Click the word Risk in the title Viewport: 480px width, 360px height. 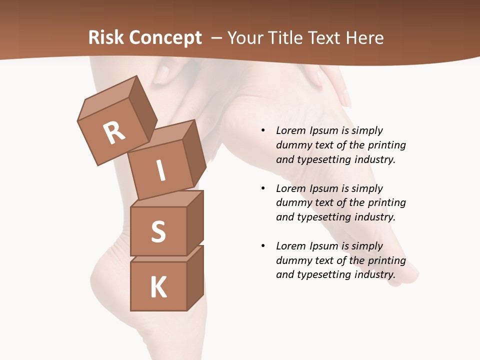pos(105,38)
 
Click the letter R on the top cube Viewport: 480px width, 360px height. pos(114,132)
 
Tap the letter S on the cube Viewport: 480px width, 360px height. pos(158,231)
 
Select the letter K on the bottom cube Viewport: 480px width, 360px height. pos(158,287)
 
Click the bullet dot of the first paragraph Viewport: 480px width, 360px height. pos(263,131)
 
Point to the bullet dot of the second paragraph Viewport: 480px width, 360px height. pos(263,189)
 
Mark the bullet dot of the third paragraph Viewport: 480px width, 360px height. pos(263,246)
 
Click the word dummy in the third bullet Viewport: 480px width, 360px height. pos(292,260)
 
